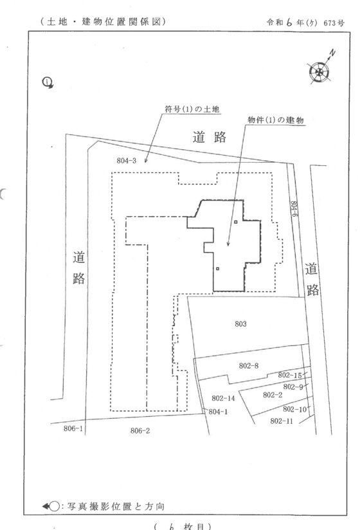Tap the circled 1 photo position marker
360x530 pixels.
pyautogui.click(x=48, y=82)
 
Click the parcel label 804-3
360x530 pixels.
pyautogui.click(x=126, y=161)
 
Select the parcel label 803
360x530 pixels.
pyautogui.click(x=240, y=324)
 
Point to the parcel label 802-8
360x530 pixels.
pyautogui.click(x=249, y=366)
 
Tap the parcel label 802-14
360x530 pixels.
pyautogui.click(x=223, y=398)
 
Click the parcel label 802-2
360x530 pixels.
pyautogui.click(x=273, y=395)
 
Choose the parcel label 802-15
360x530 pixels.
pyautogui.click(x=290, y=375)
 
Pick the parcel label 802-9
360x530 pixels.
pyautogui.click(x=293, y=387)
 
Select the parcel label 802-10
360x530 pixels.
pyautogui.click(x=294, y=409)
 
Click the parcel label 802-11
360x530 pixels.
pyautogui.click(x=282, y=421)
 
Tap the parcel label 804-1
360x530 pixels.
pyautogui.click(x=218, y=412)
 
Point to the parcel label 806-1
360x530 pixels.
pyautogui.click(x=73, y=428)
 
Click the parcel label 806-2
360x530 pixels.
pyautogui.click(x=140, y=430)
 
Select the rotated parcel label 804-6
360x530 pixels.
pyautogui.click(x=294, y=209)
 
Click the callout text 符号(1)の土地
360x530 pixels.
pyautogui.click(x=192, y=109)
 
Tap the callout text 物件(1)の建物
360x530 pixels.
pyautogui.click(x=276, y=120)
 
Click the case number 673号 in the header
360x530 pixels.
pyautogui.click(x=334, y=23)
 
